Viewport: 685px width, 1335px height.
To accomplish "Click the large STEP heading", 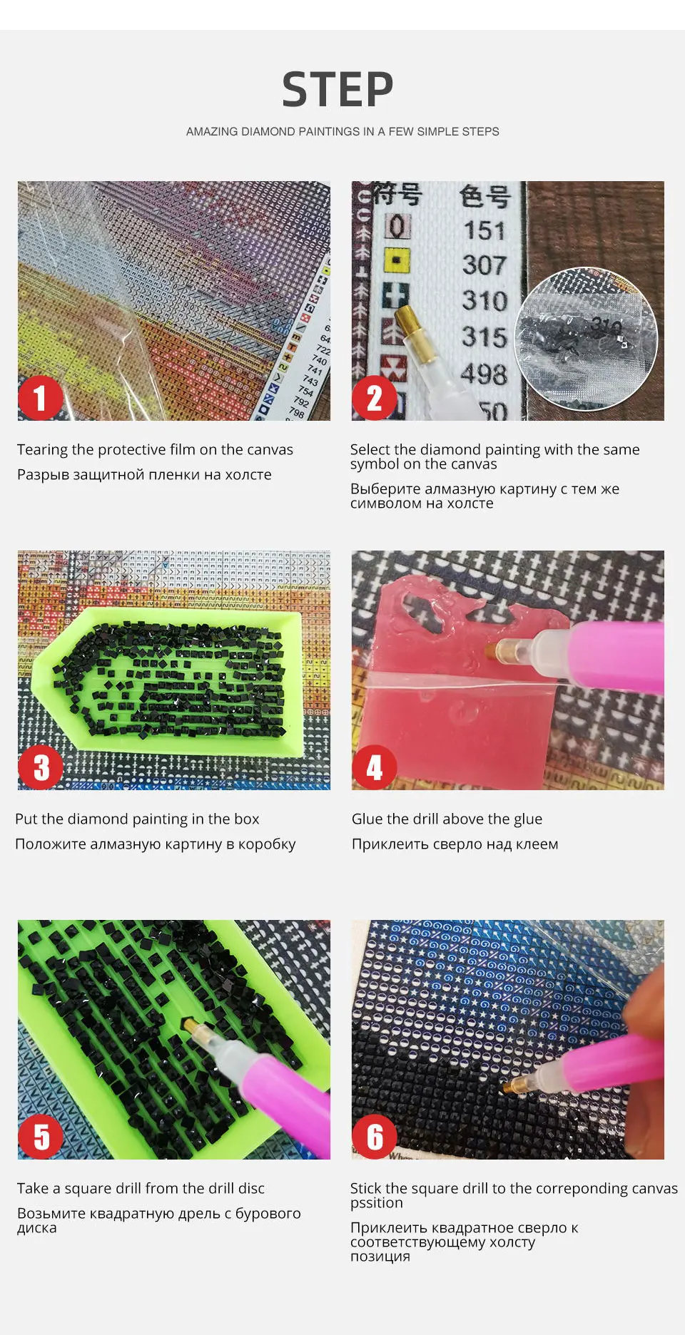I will point(338,90).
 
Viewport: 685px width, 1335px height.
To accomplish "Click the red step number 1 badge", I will point(40,398).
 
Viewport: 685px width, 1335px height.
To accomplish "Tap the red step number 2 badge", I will point(374,398).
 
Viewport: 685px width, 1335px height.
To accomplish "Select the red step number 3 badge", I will point(41,768).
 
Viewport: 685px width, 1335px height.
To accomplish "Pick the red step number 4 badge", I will point(374,768).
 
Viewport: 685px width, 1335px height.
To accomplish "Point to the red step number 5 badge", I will point(41,1137).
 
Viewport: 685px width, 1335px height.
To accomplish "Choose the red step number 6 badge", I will point(374,1137).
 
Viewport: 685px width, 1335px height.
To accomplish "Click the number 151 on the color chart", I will point(484,230).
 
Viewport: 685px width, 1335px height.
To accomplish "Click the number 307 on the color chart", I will point(484,265).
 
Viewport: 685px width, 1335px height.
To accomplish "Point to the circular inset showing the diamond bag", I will point(586,339).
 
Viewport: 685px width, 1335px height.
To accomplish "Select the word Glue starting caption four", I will point(367,819).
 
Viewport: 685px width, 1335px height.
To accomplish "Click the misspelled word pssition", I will point(376,1203).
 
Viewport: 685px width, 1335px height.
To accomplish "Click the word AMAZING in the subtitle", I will point(212,131).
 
